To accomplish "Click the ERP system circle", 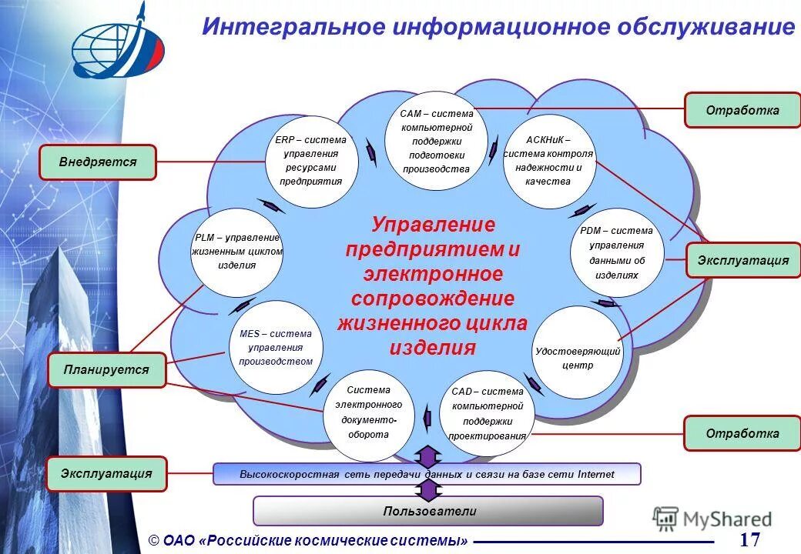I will point(312,162).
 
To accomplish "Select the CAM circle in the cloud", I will point(436,142).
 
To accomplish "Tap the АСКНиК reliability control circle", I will point(548,162).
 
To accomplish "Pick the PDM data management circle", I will point(617,253).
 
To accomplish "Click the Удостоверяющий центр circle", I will point(578,352).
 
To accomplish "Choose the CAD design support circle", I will point(487,413).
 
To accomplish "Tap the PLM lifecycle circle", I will point(237,252).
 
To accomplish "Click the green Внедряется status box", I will point(98,162).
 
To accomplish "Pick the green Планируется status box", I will point(106,370).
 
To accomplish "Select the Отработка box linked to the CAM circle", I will point(742,110).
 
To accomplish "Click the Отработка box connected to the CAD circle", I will point(742,433).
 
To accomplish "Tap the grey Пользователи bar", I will point(428,511).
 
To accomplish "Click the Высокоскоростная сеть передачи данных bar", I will point(427,474).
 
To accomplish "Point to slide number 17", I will point(749,539).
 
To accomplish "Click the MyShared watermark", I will point(712,519).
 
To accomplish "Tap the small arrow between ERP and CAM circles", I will point(371,153).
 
